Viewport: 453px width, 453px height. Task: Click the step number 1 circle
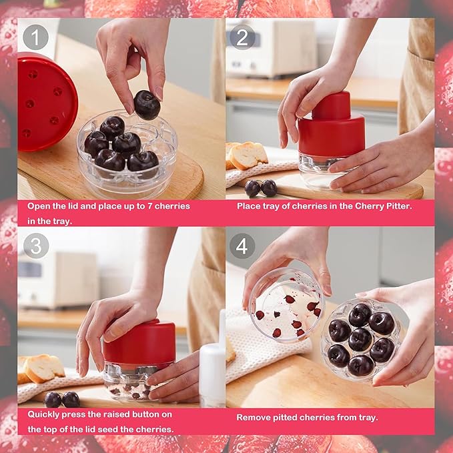35,37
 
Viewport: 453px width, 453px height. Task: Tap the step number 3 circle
35,245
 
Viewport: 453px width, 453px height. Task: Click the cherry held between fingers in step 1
146,105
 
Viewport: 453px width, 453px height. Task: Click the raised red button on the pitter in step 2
331,105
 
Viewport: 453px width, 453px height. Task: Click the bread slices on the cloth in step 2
246,155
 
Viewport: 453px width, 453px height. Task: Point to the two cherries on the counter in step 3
61,399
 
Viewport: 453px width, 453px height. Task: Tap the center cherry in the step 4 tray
360,338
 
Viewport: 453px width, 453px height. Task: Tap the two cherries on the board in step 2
260,188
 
